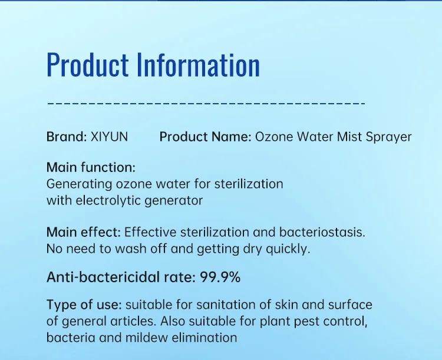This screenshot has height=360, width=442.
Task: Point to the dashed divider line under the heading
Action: pos(206,104)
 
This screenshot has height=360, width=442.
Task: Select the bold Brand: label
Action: pos(66,137)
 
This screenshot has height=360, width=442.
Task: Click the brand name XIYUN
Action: pos(109,137)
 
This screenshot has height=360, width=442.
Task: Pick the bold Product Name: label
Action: pos(206,137)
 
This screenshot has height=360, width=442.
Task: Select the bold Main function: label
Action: pos(91,167)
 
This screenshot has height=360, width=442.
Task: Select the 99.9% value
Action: pos(219,278)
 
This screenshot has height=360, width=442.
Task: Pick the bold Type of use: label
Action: pos(84,305)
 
